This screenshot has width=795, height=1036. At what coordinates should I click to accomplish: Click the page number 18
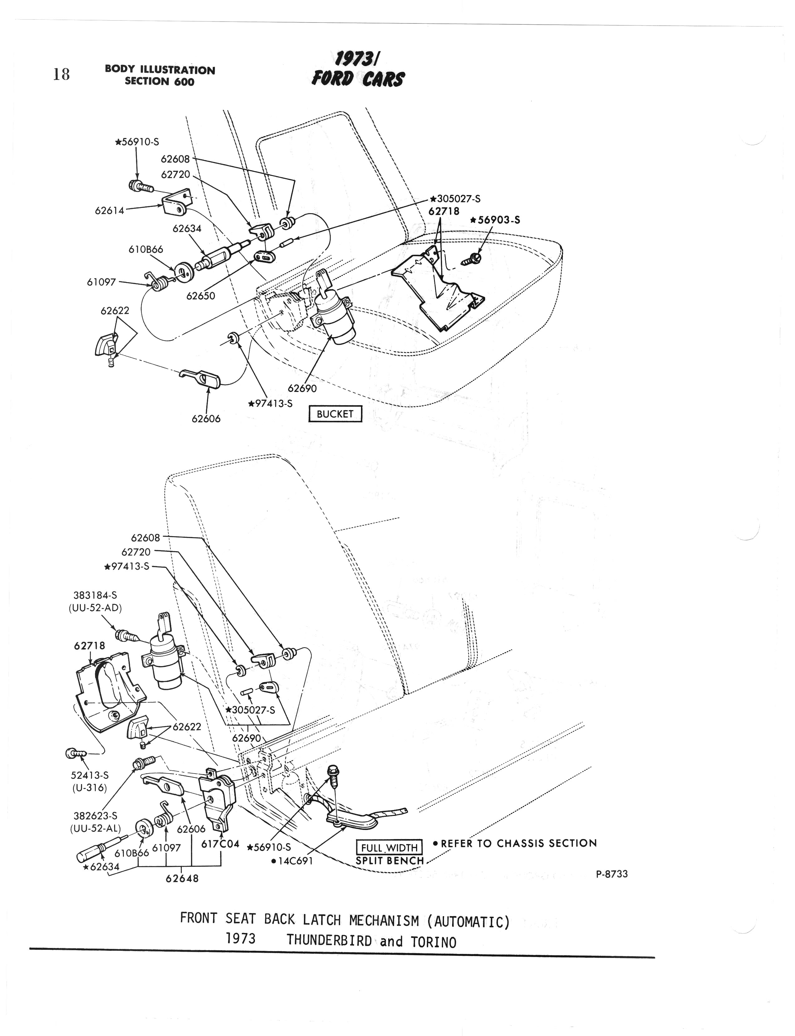tap(61, 74)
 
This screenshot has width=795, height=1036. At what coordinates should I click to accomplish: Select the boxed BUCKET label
tap(335, 414)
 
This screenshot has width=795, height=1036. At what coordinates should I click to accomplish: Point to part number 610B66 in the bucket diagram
tap(146, 249)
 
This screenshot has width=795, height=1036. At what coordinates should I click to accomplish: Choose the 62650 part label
tap(201, 296)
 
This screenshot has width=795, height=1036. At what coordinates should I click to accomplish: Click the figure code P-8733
tap(612, 874)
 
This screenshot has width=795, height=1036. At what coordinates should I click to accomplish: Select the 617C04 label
tap(221, 844)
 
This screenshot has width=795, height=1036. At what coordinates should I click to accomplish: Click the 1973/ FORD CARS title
tap(358, 69)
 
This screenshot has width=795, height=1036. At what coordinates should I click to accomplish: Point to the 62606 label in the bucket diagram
tap(206, 419)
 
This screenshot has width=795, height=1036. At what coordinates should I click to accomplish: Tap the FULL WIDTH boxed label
tap(389, 848)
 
